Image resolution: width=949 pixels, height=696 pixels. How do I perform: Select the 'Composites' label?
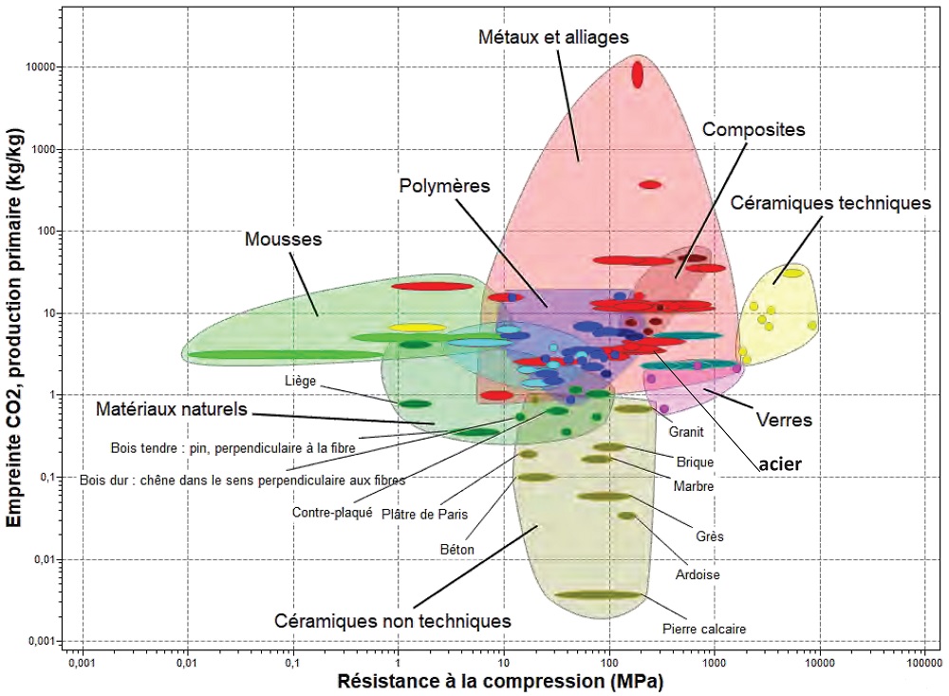click(x=754, y=129)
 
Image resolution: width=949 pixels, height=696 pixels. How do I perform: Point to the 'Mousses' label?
click(x=283, y=239)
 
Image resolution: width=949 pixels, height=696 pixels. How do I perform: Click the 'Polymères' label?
click(x=444, y=186)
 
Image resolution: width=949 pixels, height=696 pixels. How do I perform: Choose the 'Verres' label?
click(x=784, y=418)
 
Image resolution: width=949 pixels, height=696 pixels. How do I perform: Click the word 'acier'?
click(x=781, y=463)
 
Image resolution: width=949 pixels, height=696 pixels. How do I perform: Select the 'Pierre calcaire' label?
click(x=703, y=629)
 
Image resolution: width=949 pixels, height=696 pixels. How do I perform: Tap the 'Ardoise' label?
click(x=697, y=574)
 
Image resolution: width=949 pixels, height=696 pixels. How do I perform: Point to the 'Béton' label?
click(x=456, y=549)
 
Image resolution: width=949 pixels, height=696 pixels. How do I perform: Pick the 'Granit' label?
click(x=686, y=430)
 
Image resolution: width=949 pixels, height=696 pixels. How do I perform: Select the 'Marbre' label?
click(x=693, y=486)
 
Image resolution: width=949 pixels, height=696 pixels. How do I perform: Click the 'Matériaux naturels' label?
click(x=171, y=410)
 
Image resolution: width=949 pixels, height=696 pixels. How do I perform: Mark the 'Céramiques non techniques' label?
click(x=392, y=621)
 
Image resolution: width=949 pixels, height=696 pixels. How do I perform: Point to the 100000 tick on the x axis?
click(x=924, y=661)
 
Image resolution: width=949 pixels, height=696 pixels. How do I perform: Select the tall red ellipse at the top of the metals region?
click(x=638, y=73)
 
